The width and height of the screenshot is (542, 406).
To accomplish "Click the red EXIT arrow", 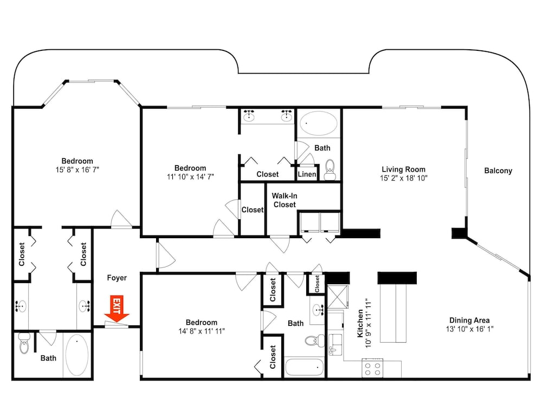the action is click(x=117, y=309).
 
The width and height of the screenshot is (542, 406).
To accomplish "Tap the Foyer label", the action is click(x=117, y=278).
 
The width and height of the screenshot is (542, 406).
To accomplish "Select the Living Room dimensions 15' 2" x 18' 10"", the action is click(x=403, y=178).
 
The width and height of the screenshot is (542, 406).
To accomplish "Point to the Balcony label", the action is click(x=498, y=171).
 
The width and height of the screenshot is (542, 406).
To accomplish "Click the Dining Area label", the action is click(x=469, y=320).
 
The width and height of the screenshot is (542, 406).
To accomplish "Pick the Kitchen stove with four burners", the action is click(x=373, y=368).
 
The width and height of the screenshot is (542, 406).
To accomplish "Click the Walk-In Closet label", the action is click(x=285, y=200).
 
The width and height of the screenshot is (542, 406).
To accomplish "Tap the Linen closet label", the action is click(x=307, y=174).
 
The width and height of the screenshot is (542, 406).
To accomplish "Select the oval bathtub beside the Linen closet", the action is click(x=318, y=123).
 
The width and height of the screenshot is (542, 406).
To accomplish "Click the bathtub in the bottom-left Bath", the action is click(x=77, y=355).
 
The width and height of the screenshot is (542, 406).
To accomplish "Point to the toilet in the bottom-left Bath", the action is click(x=24, y=343).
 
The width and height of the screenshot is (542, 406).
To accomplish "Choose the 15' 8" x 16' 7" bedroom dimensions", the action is click(x=78, y=170).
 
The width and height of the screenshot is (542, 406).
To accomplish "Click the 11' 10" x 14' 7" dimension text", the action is click(x=190, y=177).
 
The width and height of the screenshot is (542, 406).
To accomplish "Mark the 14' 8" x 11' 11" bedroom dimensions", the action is click(x=202, y=331).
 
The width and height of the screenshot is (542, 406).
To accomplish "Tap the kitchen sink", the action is click(x=335, y=344).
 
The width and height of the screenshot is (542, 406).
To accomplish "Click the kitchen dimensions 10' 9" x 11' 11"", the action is click(x=369, y=323).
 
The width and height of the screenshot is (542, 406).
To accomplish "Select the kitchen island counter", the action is click(x=393, y=313).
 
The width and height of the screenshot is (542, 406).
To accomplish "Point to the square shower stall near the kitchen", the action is click(x=338, y=297).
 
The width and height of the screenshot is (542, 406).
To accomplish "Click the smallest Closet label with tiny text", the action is click(x=317, y=284).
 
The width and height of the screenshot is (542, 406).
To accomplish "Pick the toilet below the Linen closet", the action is click(x=330, y=170).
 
